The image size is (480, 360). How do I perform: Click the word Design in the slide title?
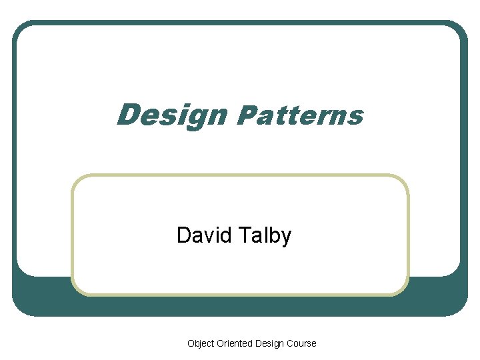tap(171, 115)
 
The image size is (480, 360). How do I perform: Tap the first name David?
tap(204, 235)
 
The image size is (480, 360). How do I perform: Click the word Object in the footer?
tap(201, 343)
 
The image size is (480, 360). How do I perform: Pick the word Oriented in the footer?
tap(234, 343)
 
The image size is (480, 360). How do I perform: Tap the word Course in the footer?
tap(301, 343)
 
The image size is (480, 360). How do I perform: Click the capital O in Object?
tap(191, 343)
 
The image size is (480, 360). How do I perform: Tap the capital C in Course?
tap(290, 343)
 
